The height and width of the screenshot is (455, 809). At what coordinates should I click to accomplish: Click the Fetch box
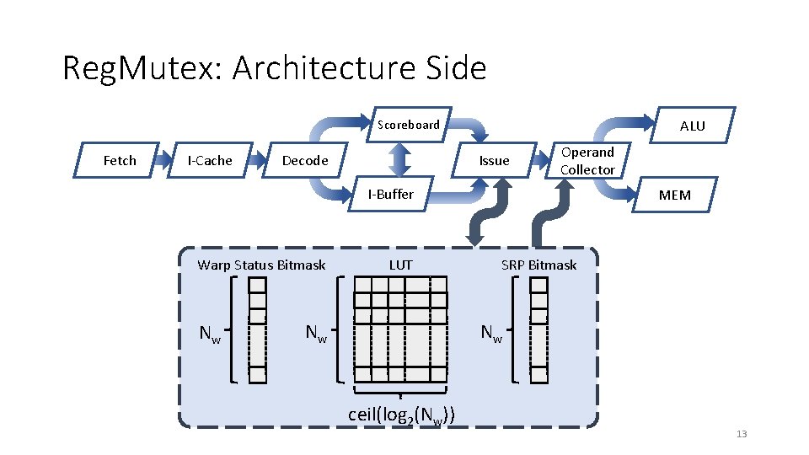coord(119,161)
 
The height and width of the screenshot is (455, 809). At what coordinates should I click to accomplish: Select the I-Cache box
coord(209,161)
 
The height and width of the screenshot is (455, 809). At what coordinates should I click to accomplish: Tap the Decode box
coord(305,161)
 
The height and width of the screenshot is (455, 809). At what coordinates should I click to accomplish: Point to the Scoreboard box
coord(409,125)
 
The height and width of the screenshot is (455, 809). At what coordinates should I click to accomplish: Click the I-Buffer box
coord(390,195)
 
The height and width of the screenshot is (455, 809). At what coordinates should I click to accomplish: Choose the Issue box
coord(494,161)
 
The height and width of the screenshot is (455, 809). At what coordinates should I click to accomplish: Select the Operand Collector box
coord(587,161)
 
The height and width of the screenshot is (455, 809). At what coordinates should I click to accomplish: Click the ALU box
coord(692,126)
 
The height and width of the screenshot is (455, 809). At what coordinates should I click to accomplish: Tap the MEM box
coord(674,195)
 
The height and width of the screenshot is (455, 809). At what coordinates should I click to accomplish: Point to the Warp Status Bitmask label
coord(261,265)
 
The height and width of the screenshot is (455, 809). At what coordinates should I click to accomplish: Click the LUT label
coord(401,265)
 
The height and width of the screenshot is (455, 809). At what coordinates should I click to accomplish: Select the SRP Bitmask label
coord(538,265)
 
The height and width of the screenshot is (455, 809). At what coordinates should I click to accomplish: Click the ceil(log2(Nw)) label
coord(402,415)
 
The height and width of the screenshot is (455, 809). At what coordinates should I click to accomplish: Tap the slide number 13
coord(742,434)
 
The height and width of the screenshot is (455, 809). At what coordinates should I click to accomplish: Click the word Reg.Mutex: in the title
coord(142,68)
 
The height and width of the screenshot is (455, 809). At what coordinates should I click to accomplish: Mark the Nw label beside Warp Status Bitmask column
coord(210,335)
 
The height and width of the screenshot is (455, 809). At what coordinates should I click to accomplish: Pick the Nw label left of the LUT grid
coord(317,335)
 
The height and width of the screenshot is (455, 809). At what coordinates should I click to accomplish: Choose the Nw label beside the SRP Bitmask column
coord(491,335)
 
